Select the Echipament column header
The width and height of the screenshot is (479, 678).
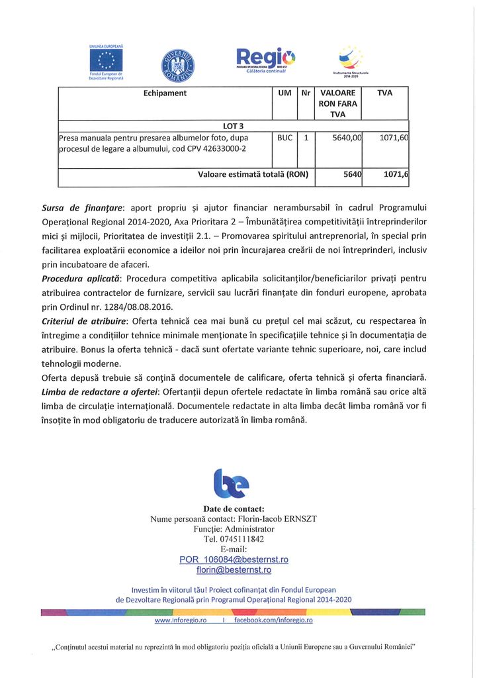(x=165, y=93)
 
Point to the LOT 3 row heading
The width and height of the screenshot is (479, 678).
(x=234, y=126)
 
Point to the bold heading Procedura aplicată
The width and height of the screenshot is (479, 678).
(x=81, y=278)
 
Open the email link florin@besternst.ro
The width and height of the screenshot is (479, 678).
(x=234, y=569)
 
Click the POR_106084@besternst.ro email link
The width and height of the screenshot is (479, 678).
(x=234, y=559)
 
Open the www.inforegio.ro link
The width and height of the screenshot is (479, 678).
(x=181, y=620)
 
